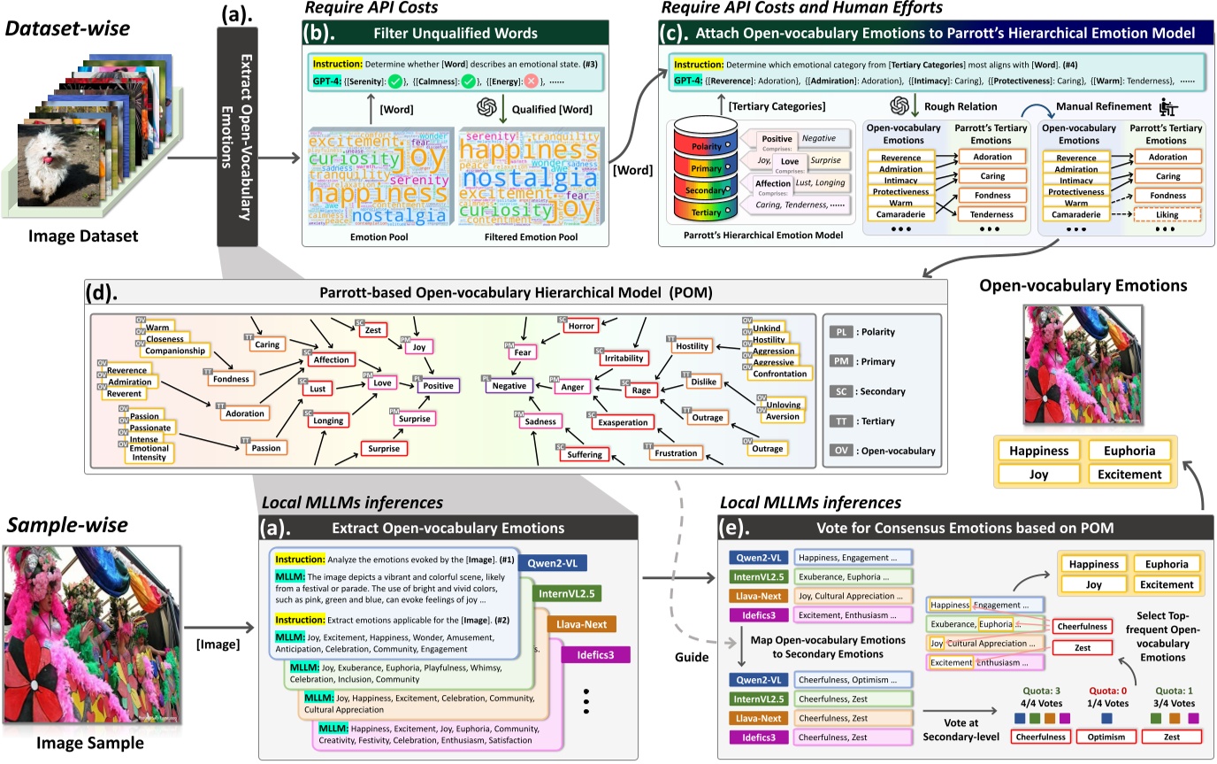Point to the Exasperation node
pyautogui.click(x=623, y=423)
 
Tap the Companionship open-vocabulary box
pyautogui.click(x=175, y=351)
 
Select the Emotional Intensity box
pyautogui.click(x=148, y=451)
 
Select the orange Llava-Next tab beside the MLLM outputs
pyautogui.click(x=581, y=624)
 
